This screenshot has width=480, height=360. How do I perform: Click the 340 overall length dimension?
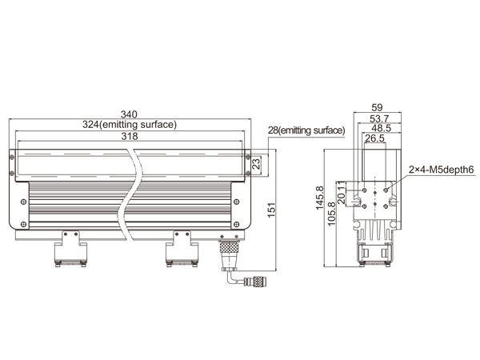coord(129,114)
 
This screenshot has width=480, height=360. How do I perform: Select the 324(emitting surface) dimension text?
coord(130,125)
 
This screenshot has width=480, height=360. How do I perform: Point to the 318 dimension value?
coord(130,136)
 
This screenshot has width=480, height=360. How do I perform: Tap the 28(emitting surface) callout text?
coord(306,130)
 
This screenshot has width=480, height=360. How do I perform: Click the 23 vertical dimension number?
coord(256,162)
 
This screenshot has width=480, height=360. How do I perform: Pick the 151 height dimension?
coord(271,210)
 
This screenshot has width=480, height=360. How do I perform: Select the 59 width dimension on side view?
coord(377,107)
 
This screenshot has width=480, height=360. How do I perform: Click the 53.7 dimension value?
coord(379,118)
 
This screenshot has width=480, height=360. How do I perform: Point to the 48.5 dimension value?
coord(381,128)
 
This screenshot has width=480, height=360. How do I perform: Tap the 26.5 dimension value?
coord(374,138)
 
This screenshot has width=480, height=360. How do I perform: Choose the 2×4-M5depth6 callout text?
coord(441,170)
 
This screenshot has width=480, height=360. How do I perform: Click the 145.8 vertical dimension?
coord(319,198)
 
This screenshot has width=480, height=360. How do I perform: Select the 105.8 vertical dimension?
coord(331,214)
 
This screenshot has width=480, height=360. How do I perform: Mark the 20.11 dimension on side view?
coord(341,193)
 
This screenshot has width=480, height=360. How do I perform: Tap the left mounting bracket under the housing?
coord(70,249)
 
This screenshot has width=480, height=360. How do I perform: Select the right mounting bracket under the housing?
coord(182,249)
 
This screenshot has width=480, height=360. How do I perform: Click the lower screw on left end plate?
coord(23,224)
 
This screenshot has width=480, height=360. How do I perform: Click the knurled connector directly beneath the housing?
coord(229,246)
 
